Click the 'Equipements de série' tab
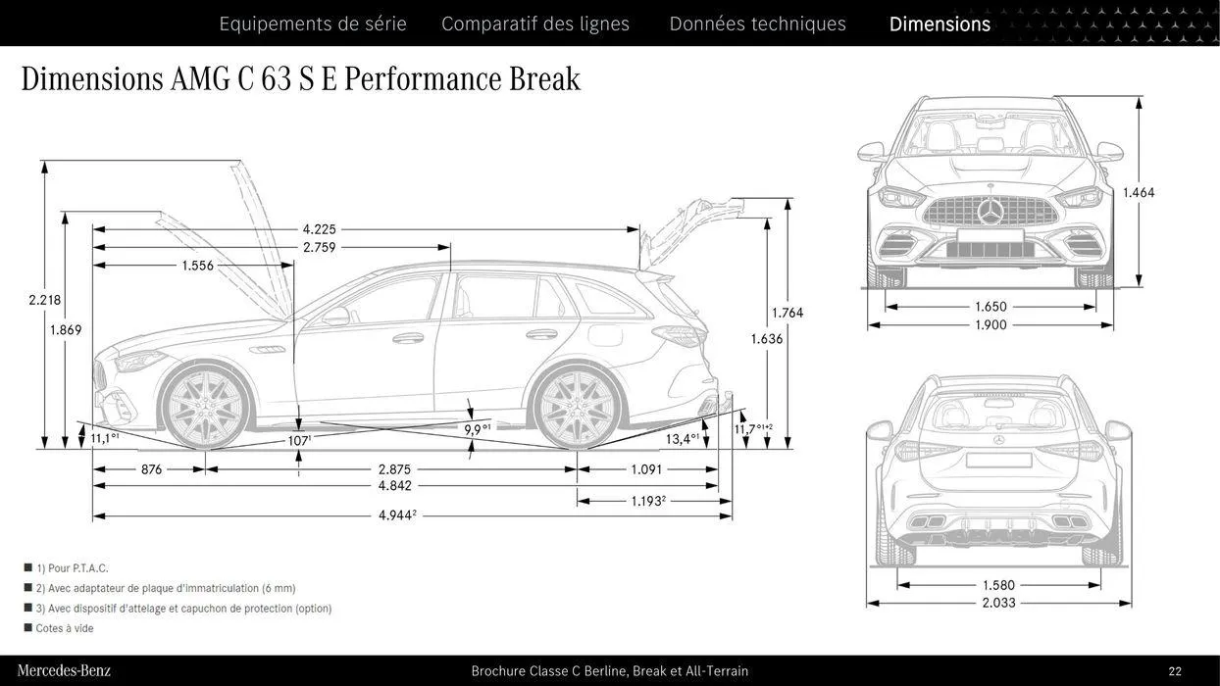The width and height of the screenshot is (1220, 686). coord(312,24)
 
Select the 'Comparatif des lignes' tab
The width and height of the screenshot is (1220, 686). coord(535,24)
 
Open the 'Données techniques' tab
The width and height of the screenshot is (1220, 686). coord(757,24)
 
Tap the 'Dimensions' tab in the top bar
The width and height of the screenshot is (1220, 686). coord(940,24)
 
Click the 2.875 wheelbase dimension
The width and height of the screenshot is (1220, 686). coord(394,469)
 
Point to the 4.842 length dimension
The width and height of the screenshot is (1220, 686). coord(394,486)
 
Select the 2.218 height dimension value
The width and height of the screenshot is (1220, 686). coord(44,300)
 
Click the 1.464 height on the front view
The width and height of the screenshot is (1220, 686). coord(1139,193)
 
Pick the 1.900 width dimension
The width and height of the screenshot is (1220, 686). coord(991,325)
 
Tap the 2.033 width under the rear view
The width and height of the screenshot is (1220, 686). coord(998,603)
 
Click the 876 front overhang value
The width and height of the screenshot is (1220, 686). coord(151,469)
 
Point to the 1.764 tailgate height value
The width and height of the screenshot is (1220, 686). coord(787,313)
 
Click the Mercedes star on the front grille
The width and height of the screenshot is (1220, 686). coord(991,212)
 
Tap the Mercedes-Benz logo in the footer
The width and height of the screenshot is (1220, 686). coord(64,671)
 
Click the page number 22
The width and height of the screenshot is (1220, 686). coord(1175,671)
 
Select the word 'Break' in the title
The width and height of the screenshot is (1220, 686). coord(544,78)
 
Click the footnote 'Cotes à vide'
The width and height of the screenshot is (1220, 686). coord(65,628)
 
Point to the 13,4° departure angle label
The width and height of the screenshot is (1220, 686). coord(682,438)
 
